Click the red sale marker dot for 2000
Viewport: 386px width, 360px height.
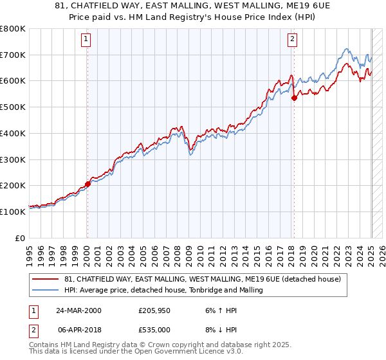[87, 184]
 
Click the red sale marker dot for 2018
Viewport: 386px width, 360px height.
[294, 98]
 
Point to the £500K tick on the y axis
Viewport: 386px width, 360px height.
[12, 107]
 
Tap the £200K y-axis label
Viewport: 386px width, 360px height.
[12, 185]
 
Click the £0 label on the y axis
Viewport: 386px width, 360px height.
[20, 238]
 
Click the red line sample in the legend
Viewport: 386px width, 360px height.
[46, 279]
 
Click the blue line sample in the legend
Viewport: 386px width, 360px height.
[46, 290]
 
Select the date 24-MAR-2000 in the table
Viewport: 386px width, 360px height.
[78, 310]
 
